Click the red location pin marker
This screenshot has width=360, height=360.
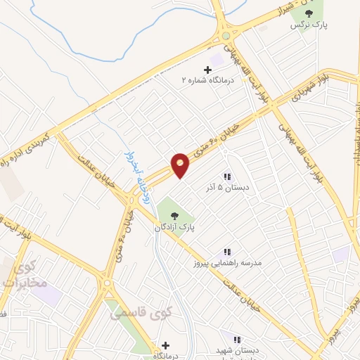click(181, 165)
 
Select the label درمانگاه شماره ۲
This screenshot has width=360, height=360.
click(205, 81)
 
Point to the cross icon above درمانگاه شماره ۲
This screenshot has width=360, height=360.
click(207, 70)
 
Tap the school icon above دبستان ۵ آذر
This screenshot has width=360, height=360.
click(227, 176)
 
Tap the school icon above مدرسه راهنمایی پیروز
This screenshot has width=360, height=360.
click(226, 251)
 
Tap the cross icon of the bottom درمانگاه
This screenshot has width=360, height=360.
click(165, 345)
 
